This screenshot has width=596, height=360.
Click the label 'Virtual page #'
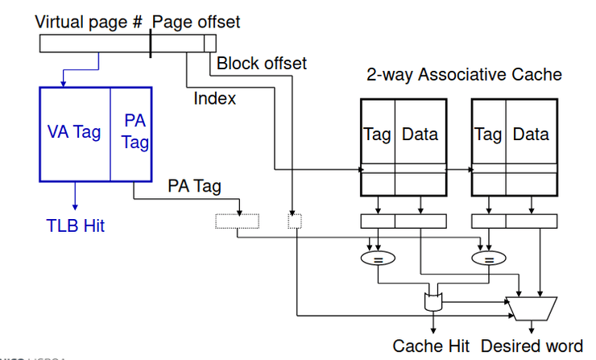(89, 22)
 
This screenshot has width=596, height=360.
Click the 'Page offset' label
(196, 22)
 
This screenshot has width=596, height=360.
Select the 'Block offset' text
(262, 63)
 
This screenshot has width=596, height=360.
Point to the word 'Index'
(215, 98)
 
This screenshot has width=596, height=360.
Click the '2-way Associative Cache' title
(464, 75)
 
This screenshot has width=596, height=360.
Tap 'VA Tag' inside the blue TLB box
(74, 132)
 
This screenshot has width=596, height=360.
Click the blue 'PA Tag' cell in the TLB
(135, 132)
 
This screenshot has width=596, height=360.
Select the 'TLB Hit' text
(74, 225)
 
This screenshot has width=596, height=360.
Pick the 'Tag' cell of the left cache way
(378, 134)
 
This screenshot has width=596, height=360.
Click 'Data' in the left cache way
(420, 134)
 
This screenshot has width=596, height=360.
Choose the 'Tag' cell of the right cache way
(488, 134)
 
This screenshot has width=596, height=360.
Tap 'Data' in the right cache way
(530, 134)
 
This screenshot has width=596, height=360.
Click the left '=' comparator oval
(378, 259)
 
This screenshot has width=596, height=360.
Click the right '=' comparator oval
(487, 259)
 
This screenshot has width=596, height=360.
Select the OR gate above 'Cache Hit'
(434, 303)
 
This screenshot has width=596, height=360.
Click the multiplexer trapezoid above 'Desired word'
(530, 306)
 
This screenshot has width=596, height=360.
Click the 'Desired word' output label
(532, 346)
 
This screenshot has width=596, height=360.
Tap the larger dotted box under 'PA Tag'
(238, 221)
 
